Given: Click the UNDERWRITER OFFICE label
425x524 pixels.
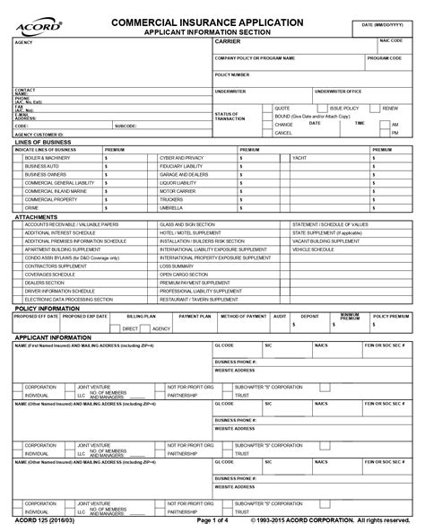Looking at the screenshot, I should (x=337, y=91).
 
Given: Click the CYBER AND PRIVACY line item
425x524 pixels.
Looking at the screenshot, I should (x=181, y=157).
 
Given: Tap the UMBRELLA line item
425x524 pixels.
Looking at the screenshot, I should (x=172, y=205).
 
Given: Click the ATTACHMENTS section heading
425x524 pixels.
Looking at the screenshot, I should (x=37, y=216).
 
